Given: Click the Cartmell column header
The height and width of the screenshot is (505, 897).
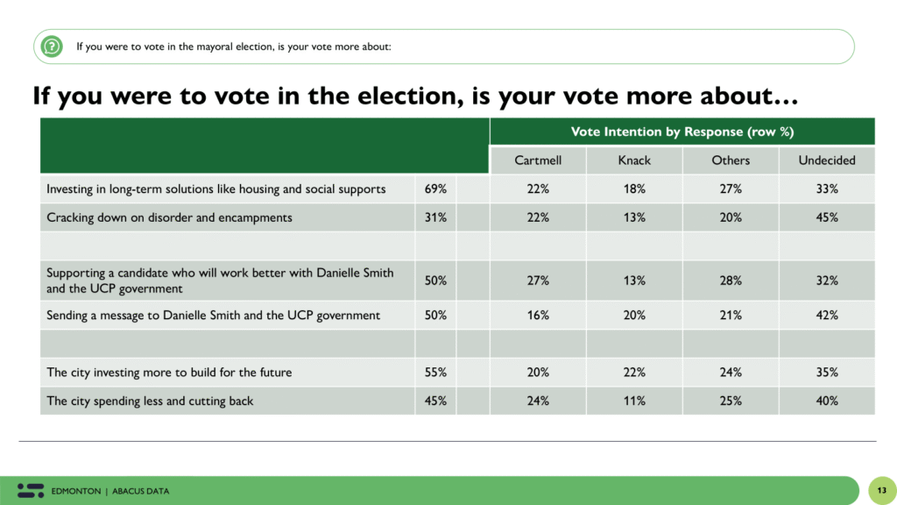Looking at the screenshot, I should (x=538, y=160).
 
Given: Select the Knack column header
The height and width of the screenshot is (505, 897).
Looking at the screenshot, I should (x=634, y=160).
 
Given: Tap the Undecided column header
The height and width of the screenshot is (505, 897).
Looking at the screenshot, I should (x=826, y=160).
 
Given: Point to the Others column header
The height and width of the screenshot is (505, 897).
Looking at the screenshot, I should (x=731, y=160).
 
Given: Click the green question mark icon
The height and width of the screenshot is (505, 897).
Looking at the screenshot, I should (x=53, y=46).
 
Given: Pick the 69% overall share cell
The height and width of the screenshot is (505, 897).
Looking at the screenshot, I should (x=435, y=188).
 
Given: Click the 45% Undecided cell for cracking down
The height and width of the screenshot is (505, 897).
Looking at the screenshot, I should (x=826, y=217).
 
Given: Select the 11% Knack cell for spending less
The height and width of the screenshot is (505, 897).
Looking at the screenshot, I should (x=634, y=401).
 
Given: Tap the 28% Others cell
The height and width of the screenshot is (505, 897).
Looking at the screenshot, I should (x=731, y=281).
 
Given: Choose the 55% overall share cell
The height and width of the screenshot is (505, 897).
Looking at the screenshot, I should (x=435, y=372).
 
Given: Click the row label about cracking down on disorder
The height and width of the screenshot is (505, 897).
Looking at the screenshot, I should (x=169, y=217).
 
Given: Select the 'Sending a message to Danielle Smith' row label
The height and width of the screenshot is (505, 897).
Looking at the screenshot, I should (x=213, y=316).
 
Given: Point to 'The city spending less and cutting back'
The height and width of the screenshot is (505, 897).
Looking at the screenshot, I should (x=150, y=401).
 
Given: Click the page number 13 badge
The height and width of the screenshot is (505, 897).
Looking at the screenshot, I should (x=880, y=490).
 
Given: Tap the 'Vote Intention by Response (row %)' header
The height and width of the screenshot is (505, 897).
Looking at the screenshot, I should (x=682, y=132).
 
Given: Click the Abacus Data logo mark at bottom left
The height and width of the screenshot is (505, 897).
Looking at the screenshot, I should (x=31, y=490).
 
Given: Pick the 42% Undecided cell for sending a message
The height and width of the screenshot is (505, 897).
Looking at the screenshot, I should (x=826, y=316).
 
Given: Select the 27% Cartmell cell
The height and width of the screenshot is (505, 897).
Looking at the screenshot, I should (x=538, y=281).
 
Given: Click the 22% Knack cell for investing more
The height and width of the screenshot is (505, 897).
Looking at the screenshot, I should (x=634, y=372).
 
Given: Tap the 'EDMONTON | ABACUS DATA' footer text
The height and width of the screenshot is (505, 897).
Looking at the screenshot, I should (x=110, y=491).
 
